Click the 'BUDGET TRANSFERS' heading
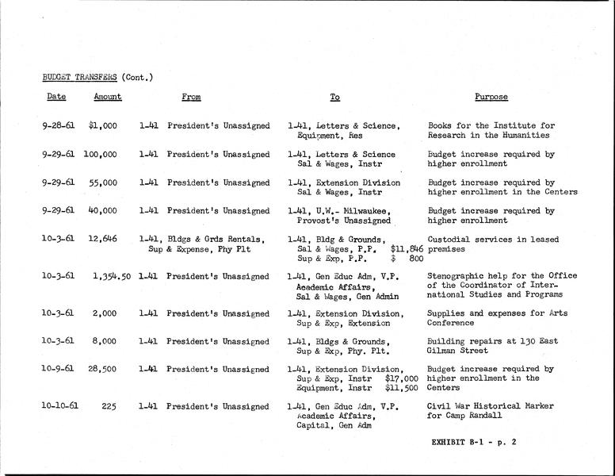(x=79, y=77)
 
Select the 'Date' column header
(x=55, y=97)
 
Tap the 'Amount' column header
(x=108, y=97)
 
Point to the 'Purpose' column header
(x=491, y=97)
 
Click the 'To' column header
(x=335, y=97)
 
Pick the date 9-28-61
(x=58, y=125)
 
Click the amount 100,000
(x=100, y=154)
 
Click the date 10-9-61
(x=58, y=370)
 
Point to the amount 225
(x=109, y=406)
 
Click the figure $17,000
(x=402, y=380)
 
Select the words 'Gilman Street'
(x=456, y=351)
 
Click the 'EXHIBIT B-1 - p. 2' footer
(x=474, y=442)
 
